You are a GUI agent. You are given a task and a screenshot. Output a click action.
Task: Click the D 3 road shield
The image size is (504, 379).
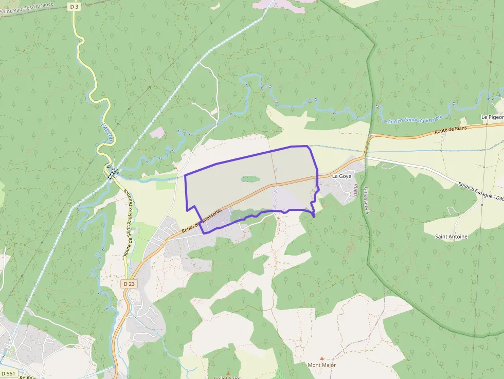pos(74,6)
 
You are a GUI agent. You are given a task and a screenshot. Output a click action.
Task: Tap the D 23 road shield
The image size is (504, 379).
pos(129,284)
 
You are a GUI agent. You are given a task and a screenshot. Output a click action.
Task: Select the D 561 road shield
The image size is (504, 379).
pos(9,373)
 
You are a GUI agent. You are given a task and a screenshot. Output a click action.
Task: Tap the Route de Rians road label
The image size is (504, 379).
pos(451,129)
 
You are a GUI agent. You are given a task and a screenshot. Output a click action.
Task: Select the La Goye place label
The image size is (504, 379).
pos(342,176)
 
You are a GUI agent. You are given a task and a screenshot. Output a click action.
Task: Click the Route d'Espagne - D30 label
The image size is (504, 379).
pos(481,191)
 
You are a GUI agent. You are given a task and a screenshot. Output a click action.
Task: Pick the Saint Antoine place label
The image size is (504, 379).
pos(451,237)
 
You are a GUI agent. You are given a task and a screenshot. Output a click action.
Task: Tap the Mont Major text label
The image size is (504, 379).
pos(321,365)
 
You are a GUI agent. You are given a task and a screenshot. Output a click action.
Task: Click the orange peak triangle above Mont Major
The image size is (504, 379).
pos(322,358)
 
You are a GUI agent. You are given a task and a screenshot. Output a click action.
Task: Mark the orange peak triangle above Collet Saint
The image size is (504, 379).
pos(229,372)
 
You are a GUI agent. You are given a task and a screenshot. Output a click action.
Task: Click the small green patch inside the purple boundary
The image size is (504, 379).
pos(250,179)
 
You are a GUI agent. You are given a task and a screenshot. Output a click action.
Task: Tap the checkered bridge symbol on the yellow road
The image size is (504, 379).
pos(112,172)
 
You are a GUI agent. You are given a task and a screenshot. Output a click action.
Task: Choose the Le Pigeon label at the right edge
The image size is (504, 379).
pos(492,117)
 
